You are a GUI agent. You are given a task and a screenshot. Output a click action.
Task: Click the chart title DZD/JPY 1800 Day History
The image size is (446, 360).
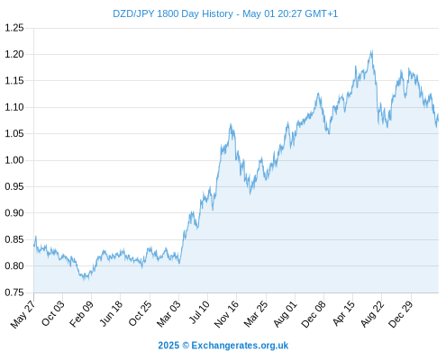point(173,13)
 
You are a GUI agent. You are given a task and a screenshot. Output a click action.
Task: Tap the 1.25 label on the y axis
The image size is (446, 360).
point(14,28)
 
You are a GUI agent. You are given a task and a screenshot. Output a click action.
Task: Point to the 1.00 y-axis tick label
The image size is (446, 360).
point(14,160)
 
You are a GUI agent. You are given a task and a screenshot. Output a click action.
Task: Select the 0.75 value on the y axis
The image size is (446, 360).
point(14,292)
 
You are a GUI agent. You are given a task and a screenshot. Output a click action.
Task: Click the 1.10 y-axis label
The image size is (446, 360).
point(14,107)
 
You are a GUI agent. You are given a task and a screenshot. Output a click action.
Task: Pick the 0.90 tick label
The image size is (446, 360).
point(14,213)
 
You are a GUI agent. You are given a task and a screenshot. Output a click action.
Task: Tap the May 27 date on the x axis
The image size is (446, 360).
point(23,314)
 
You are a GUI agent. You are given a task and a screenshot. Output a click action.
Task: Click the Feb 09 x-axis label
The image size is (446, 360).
point(81,314)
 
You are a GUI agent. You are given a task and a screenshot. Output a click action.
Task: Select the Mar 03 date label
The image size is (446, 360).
point(168,314)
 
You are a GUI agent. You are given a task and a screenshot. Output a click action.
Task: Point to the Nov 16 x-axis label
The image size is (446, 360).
point(226,314)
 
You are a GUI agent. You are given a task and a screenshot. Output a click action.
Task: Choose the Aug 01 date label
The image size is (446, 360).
point(286,314)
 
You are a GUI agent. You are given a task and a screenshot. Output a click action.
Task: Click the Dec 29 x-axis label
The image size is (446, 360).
point(401,314)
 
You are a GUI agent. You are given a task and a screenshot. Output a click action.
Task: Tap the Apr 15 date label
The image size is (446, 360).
point(343,313)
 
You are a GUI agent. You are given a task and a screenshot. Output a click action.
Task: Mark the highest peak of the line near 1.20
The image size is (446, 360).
point(372,50)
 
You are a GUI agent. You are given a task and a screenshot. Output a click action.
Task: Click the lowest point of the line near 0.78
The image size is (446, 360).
point(84,279)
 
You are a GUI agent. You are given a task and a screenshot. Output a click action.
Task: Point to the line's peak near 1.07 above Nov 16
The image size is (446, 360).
point(231,124)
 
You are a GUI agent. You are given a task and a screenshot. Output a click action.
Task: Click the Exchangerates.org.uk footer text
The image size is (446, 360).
point(240,346)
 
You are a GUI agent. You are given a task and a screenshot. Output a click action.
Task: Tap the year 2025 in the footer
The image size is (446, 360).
point(168,346)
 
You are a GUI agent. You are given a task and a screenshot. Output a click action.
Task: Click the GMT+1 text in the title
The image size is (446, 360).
point(321,13)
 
